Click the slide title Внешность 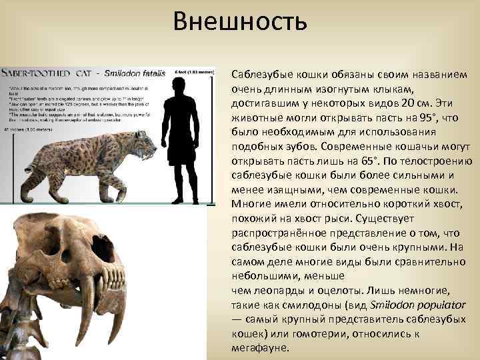240,23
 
